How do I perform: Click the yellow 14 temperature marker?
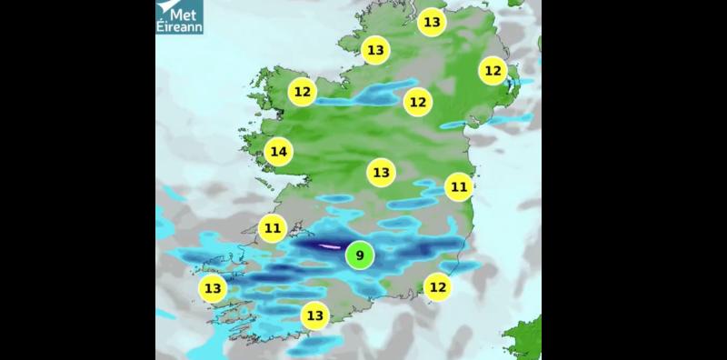pos(279,151)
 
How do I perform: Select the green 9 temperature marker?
pos(360,255)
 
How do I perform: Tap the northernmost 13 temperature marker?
pos(432,22)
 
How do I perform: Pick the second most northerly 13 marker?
pos(375,50)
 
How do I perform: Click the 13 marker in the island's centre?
pos(381,172)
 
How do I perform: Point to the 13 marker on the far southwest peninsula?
pos(213,289)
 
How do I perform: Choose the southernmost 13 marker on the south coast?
pos(314,315)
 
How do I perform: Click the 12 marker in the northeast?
pos(493,70)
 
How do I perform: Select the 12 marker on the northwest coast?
pos(303,92)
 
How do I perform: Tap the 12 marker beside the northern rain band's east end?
pos(417,102)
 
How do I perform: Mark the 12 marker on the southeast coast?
pos(438,287)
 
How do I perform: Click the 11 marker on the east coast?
pos(459,187)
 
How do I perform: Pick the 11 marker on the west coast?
pos(273,227)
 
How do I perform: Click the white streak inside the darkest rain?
pos(328,245)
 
